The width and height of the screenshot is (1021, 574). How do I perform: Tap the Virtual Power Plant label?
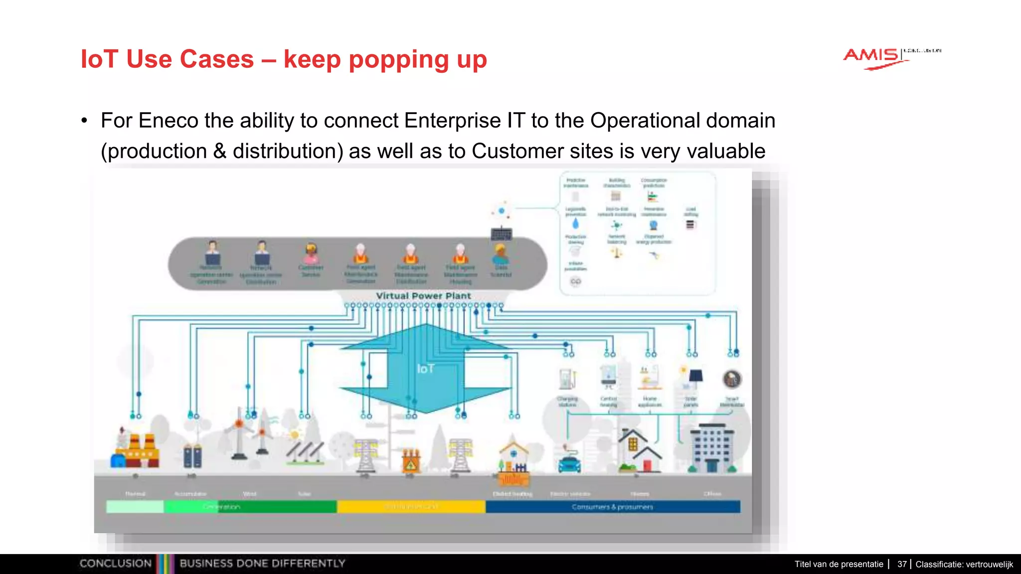[x=423, y=296]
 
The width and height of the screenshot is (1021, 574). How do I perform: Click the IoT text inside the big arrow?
[x=425, y=369]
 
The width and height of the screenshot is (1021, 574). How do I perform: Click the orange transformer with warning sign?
[x=411, y=461]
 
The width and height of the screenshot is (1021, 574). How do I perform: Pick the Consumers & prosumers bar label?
[x=612, y=507]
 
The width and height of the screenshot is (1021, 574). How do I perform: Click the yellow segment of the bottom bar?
[x=411, y=507]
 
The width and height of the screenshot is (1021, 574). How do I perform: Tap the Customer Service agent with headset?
[x=311, y=253]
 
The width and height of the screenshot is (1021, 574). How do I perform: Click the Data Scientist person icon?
[x=501, y=254]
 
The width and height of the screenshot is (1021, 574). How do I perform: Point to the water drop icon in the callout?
[x=575, y=223]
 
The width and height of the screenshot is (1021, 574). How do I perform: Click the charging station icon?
[x=567, y=380]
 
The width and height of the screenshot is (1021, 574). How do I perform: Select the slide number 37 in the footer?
[x=902, y=564]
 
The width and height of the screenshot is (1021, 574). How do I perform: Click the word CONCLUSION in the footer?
[x=116, y=564]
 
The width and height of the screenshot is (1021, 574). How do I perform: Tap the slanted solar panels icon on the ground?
[x=305, y=451]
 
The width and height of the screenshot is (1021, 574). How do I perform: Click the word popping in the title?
[x=399, y=60]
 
